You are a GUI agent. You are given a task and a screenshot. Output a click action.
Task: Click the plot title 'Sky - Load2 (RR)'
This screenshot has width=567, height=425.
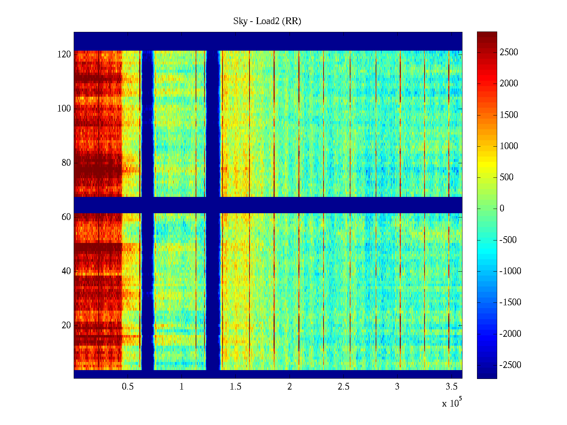pyautogui.click(x=267, y=21)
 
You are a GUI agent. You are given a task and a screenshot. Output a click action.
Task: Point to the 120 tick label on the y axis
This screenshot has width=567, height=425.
pyautogui.click(x=64, y=55)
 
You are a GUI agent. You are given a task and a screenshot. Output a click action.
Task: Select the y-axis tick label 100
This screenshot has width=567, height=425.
pyautogui.click(x=64, y=109)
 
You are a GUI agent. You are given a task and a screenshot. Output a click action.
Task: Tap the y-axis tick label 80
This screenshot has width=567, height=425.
pyautogui.click(x=66, y=163)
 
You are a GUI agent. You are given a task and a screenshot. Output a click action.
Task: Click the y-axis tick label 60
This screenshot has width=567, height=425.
pyautogui.click(x=66, y=217)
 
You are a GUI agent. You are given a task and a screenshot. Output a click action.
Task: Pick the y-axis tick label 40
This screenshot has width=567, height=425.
pyautogui.click(x=66, y=271)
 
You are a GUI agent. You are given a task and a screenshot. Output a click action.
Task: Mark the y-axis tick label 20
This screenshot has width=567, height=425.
pyautogui.click(x=66, y=325)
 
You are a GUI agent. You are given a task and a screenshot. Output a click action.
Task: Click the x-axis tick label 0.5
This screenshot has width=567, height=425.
pyautogui.click(x=128, y=387)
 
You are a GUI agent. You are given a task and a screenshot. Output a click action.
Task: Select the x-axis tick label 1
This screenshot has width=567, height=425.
pyautogui.click(x=181, y=387)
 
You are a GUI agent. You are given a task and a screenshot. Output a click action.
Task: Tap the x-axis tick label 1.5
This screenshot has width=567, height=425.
pyautogui.click(x=235, y=387)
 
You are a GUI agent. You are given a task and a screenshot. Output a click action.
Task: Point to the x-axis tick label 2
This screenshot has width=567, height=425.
pyautogui.click(x=290, y=387)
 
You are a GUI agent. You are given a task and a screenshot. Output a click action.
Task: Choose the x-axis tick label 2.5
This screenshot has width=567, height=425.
pyautogui.click(x=343, y=387)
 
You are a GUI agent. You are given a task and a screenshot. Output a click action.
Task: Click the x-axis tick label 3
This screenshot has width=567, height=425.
pyautogui.click(x=397, y=387)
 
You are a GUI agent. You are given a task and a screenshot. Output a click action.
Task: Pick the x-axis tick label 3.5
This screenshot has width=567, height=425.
pyautogui.click(x=451, y=387)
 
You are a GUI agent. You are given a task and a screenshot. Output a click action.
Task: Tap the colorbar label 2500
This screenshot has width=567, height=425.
pyautogui.click(x=509, y=52)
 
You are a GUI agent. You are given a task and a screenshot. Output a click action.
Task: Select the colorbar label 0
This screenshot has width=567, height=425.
pyautogui.click(x=502, y=209)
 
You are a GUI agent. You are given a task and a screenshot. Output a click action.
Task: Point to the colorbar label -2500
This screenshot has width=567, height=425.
pyautogui.click(x=510, y=365)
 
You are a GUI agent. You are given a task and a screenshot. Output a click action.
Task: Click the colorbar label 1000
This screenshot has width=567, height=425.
pyautogui.click(x=509, y=146)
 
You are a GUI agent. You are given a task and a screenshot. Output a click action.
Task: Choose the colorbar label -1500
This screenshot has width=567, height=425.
pyautogui.click(x=510, y=302)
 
